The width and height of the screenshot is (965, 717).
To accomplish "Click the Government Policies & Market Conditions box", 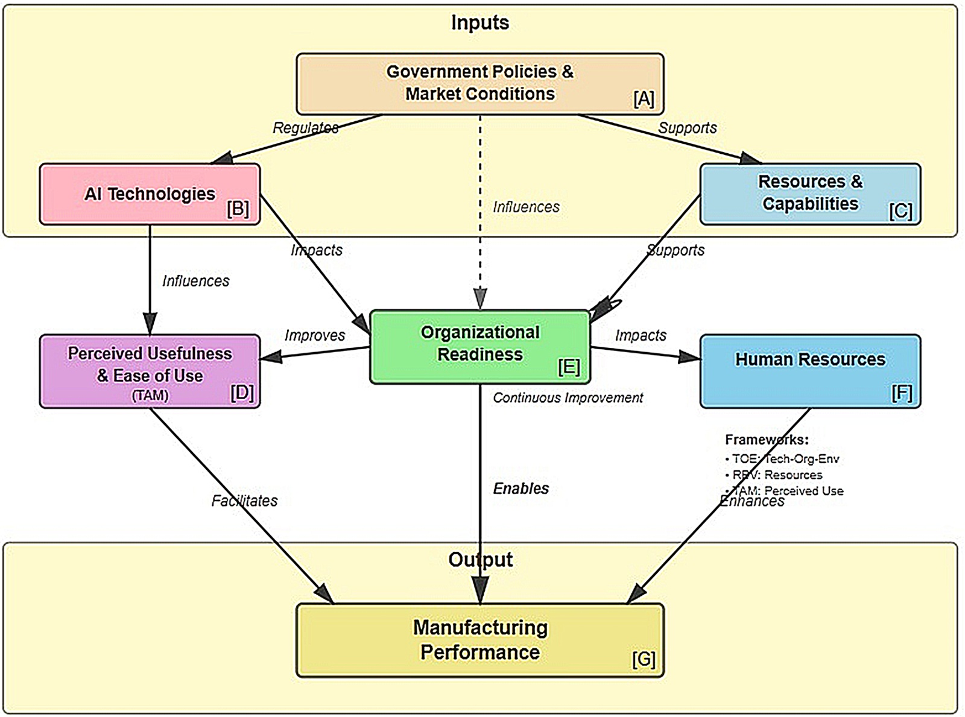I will tap(479, 84).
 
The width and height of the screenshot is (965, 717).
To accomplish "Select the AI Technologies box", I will tap(150, 194).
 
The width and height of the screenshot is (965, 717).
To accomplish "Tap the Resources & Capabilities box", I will tap(810, 194).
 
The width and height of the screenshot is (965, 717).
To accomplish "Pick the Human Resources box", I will tap(810, 371).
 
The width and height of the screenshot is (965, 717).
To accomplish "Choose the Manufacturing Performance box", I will tap(479, 640).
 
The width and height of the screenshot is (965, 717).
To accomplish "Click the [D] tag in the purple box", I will tap(242, 393).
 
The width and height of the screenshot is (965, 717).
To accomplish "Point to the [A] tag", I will tap(644, 98).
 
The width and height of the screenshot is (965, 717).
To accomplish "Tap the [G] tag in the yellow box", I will tap(644, 659).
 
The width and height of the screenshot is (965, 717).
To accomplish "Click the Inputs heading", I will tap(480, 23).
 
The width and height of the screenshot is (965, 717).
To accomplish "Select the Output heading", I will tap(480, 560).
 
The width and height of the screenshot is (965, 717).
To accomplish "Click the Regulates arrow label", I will tap(305, 128).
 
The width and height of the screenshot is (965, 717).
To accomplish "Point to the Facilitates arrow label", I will tap(244, 501).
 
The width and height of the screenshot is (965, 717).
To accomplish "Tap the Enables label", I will tap(521, 488).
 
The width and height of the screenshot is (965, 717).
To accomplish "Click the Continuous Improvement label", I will tap(568, 398).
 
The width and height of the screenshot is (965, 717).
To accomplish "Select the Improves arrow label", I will tap(315, 335).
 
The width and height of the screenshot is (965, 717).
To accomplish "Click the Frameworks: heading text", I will tap(767, 440).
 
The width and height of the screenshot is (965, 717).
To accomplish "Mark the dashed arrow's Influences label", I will tap(526, 207).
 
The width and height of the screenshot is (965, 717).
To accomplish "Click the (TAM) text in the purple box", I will tap(150, 396).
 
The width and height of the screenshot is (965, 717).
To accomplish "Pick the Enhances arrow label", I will tap(752, 502).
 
